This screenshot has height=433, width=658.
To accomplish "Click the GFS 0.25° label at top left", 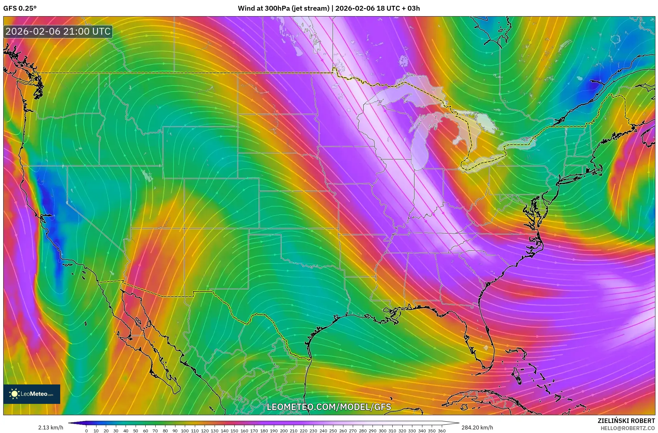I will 20,8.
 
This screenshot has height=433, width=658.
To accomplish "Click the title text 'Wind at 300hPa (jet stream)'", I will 284,8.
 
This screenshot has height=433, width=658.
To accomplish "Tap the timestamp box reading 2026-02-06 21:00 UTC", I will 58,31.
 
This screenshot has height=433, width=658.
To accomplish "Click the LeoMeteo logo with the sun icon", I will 32,394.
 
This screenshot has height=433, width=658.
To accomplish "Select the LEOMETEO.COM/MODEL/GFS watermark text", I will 329,407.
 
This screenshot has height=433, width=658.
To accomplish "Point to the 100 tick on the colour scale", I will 185,431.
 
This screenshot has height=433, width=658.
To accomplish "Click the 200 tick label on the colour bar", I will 284,431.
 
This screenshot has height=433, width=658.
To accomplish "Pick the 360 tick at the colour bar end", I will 441,431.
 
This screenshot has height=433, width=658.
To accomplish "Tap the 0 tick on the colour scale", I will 86,431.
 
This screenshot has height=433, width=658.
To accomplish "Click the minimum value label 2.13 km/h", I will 50,427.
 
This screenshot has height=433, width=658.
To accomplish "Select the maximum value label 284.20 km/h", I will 477,427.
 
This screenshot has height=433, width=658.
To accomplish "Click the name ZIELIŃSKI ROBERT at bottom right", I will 626,421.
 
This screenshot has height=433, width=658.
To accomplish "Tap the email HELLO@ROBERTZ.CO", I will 628,428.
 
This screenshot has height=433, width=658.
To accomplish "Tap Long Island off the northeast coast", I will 579,176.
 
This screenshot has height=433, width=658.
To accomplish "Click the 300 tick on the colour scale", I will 382,431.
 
